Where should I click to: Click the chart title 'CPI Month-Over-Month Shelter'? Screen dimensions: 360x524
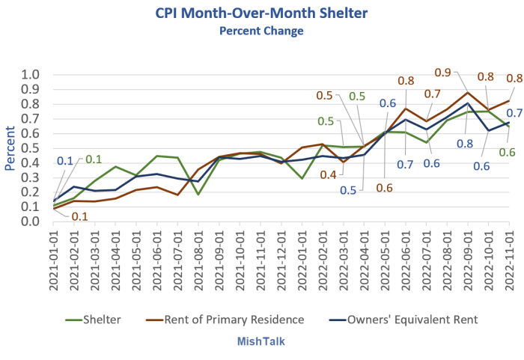coord(261,13)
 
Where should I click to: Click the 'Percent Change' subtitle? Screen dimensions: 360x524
coord(261,31)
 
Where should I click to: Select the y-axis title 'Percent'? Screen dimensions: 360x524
coord(10,147)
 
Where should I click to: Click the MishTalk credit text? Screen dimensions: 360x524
coord(261,341)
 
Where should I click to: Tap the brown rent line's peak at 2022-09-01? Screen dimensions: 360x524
coord(468,93)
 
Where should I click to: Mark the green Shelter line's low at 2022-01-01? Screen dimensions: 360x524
coord(302,178)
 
